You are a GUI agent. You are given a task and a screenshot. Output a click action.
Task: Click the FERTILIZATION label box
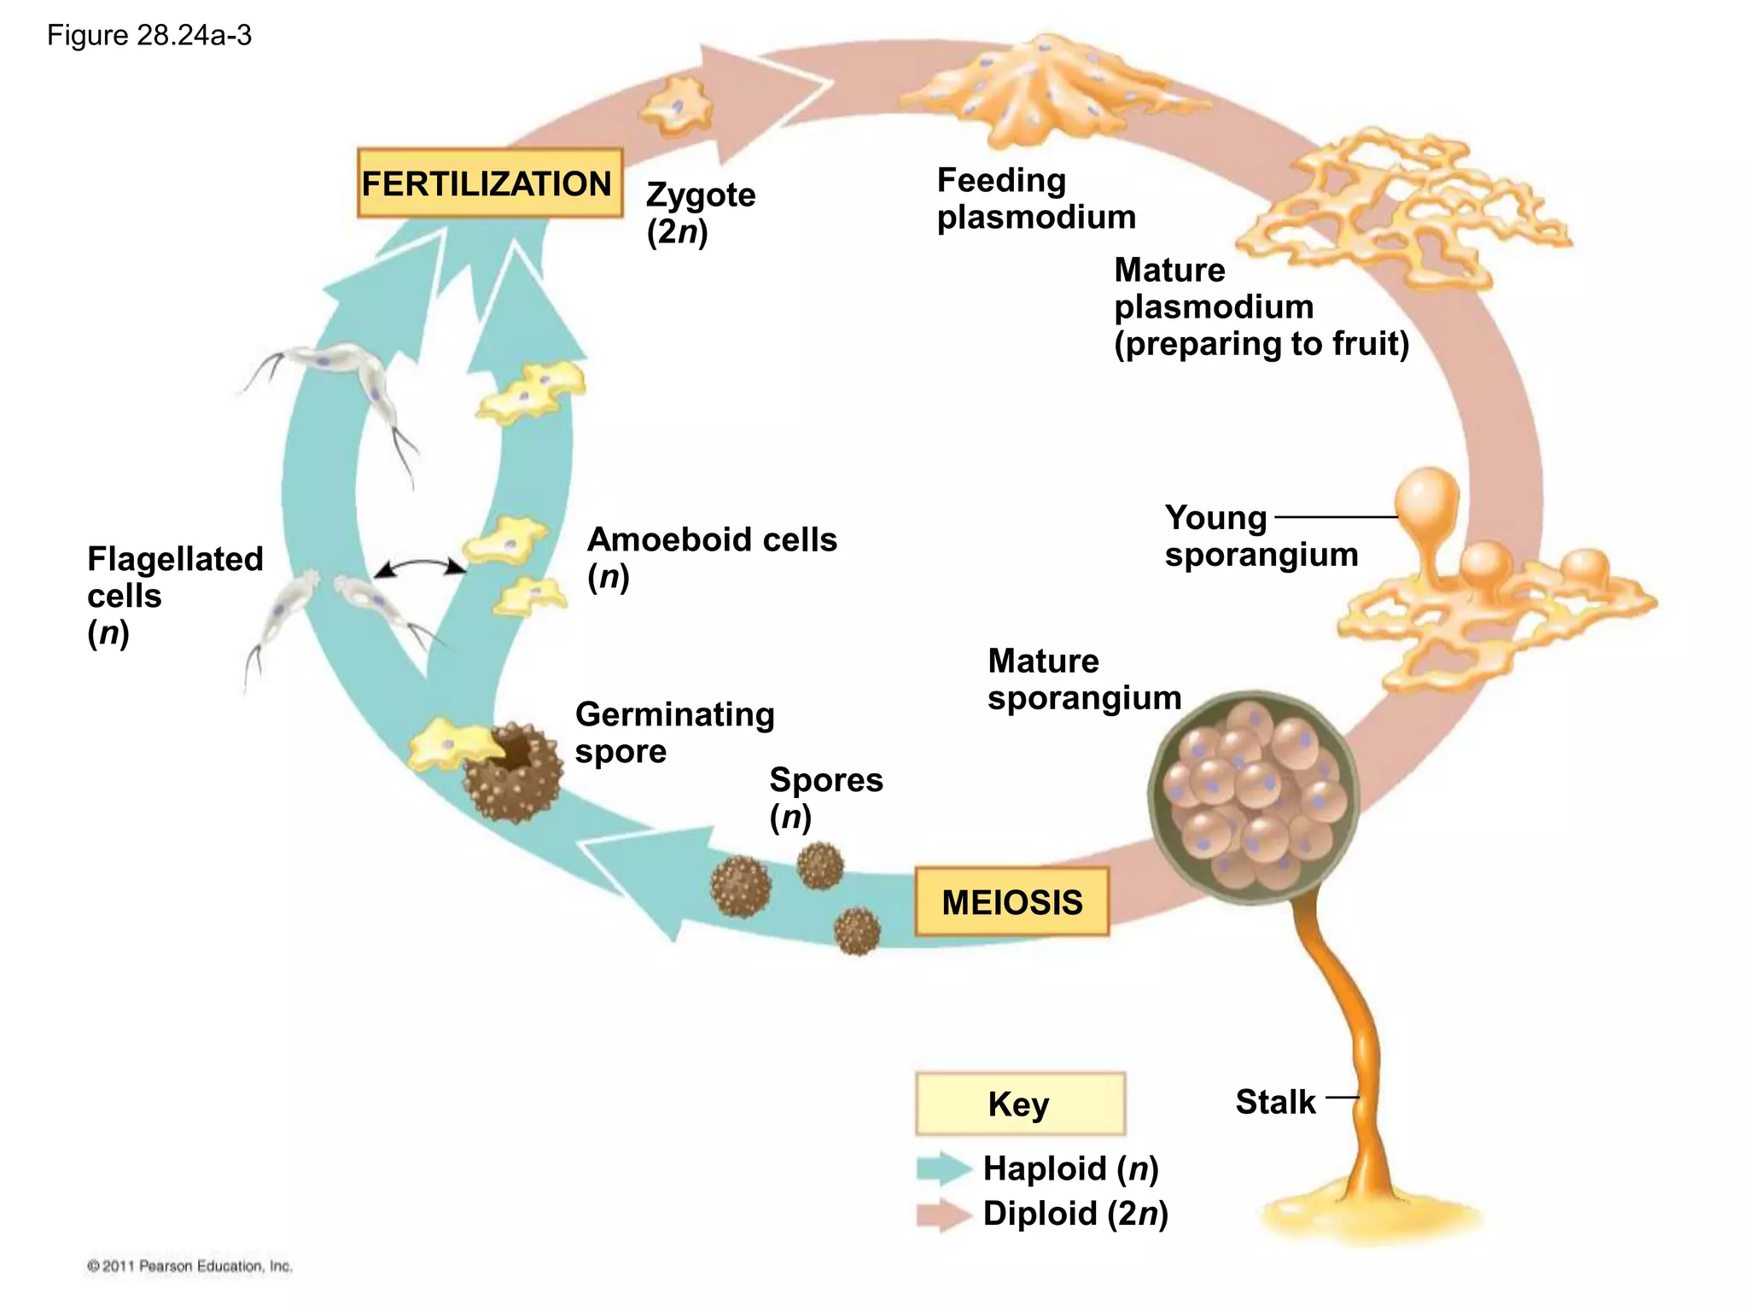(489, 184)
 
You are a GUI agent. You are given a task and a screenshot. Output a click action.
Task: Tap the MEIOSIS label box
(1011, 902)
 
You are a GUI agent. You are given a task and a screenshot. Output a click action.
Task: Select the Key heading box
(1019, 1104)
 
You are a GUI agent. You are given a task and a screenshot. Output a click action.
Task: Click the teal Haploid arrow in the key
(942, 1168)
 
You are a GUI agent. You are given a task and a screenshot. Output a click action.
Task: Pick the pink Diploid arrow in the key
(942, 1215)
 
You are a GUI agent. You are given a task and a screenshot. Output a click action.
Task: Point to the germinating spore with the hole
(514, 771)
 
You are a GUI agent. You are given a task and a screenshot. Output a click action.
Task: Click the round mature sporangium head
(1252, 796)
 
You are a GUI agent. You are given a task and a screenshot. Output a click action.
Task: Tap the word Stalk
(1275, 1102)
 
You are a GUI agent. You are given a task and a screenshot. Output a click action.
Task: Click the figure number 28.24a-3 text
(149, 36)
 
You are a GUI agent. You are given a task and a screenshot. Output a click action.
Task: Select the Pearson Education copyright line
(189, 1266)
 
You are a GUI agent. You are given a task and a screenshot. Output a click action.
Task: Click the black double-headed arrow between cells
(420, 567)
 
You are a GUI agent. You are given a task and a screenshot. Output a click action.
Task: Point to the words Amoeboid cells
(712, 539)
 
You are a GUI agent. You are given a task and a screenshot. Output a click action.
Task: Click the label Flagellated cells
(174, 577)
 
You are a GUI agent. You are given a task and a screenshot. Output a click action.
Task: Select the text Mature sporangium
(1083, 679)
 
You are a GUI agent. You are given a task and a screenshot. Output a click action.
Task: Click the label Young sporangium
(1260, 536)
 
